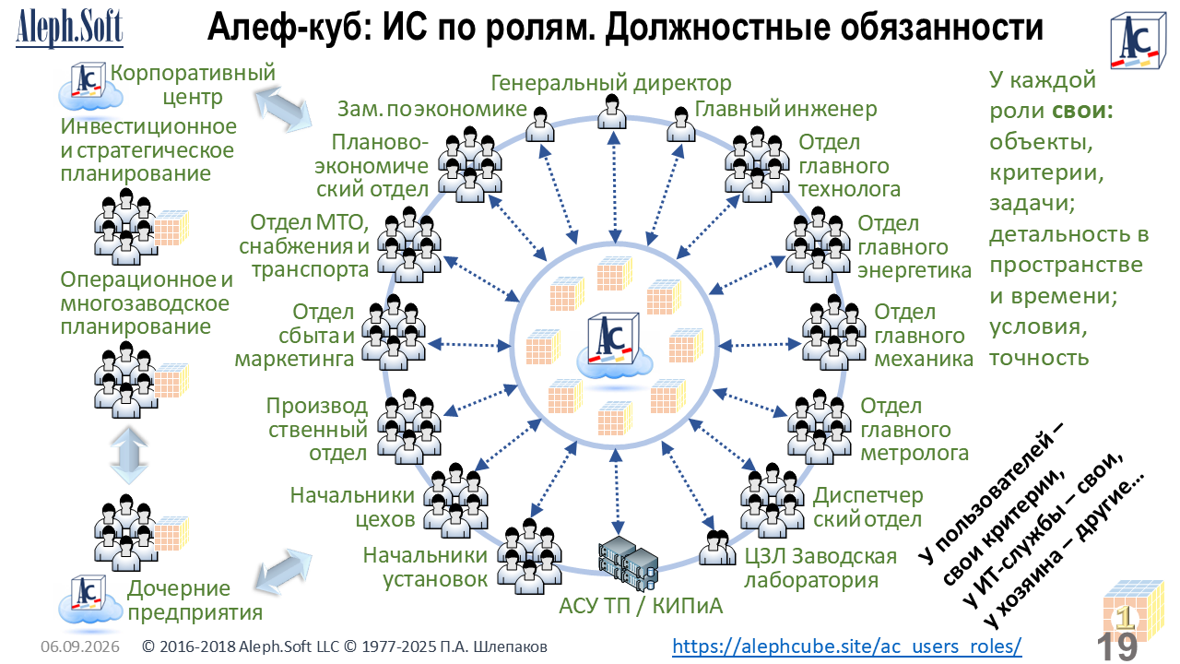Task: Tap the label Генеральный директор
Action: pos(611,83)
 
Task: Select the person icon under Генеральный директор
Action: pos(612,112)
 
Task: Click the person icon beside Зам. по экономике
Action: pos(540,125)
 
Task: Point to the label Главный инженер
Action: pos(785,109)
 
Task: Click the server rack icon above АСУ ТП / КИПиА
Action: pos(628,563)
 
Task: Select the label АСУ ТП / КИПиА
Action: pos(641,606)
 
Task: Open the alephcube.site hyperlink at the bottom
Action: pos(847,646)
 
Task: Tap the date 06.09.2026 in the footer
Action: pos(80,646)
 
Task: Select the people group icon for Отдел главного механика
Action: pos(833,333)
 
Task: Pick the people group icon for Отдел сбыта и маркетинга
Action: pos(394,333)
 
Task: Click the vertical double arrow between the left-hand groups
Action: pos(129,456)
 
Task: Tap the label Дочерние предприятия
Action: pos(195,600)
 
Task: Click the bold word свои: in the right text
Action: pos(1082,111)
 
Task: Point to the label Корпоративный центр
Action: pos(193,85)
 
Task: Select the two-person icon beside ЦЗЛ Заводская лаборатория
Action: pos(717,548)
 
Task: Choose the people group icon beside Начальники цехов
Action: pos(456,501)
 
